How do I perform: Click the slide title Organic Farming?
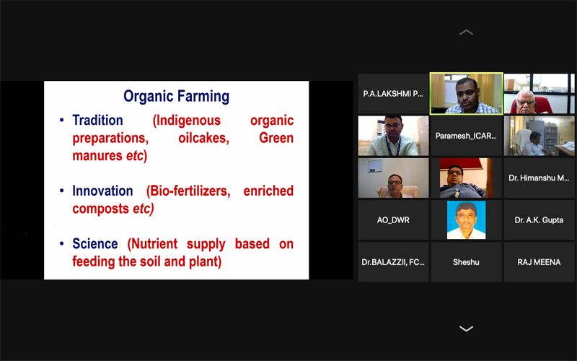pos(176,96)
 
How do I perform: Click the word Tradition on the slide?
pos(97,120)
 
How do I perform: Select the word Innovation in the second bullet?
pos(102,191)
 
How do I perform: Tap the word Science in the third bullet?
pos(95,243)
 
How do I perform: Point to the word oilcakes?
pos(203,138)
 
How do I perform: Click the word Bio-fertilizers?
pos(188,191)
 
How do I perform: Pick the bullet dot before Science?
pos(62,243)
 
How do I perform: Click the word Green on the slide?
pos(276,138)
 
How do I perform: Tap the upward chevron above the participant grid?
pos(466,32)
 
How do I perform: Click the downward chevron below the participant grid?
pos(466,329)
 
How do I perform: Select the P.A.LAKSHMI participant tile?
pos(393,94)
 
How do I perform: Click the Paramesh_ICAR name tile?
pos(466,136)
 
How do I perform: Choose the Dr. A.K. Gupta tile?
pos(539,220)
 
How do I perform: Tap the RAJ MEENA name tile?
pos(539,262)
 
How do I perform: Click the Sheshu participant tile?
pos(466,262)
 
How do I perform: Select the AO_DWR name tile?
pos(393,220)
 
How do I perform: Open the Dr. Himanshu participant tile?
pos(539,178)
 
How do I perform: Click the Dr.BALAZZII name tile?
pos(393,262)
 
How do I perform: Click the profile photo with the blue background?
pos(466,220)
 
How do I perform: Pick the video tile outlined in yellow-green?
pos(466,94)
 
